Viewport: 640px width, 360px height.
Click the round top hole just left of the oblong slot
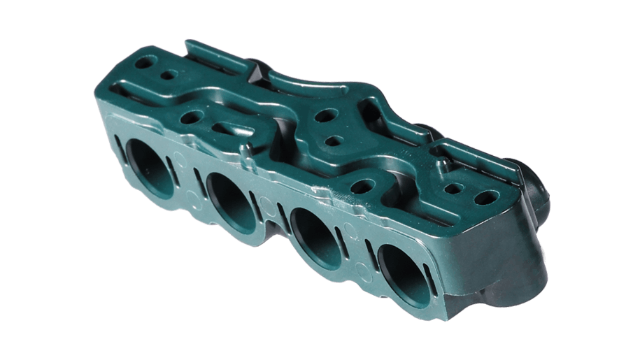(x=190, y=119)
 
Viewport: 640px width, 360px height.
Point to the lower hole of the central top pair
(x=334, y=140)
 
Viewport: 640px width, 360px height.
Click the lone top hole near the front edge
(x=365, y=186)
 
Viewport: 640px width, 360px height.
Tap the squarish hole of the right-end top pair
(x=455, y=188)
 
